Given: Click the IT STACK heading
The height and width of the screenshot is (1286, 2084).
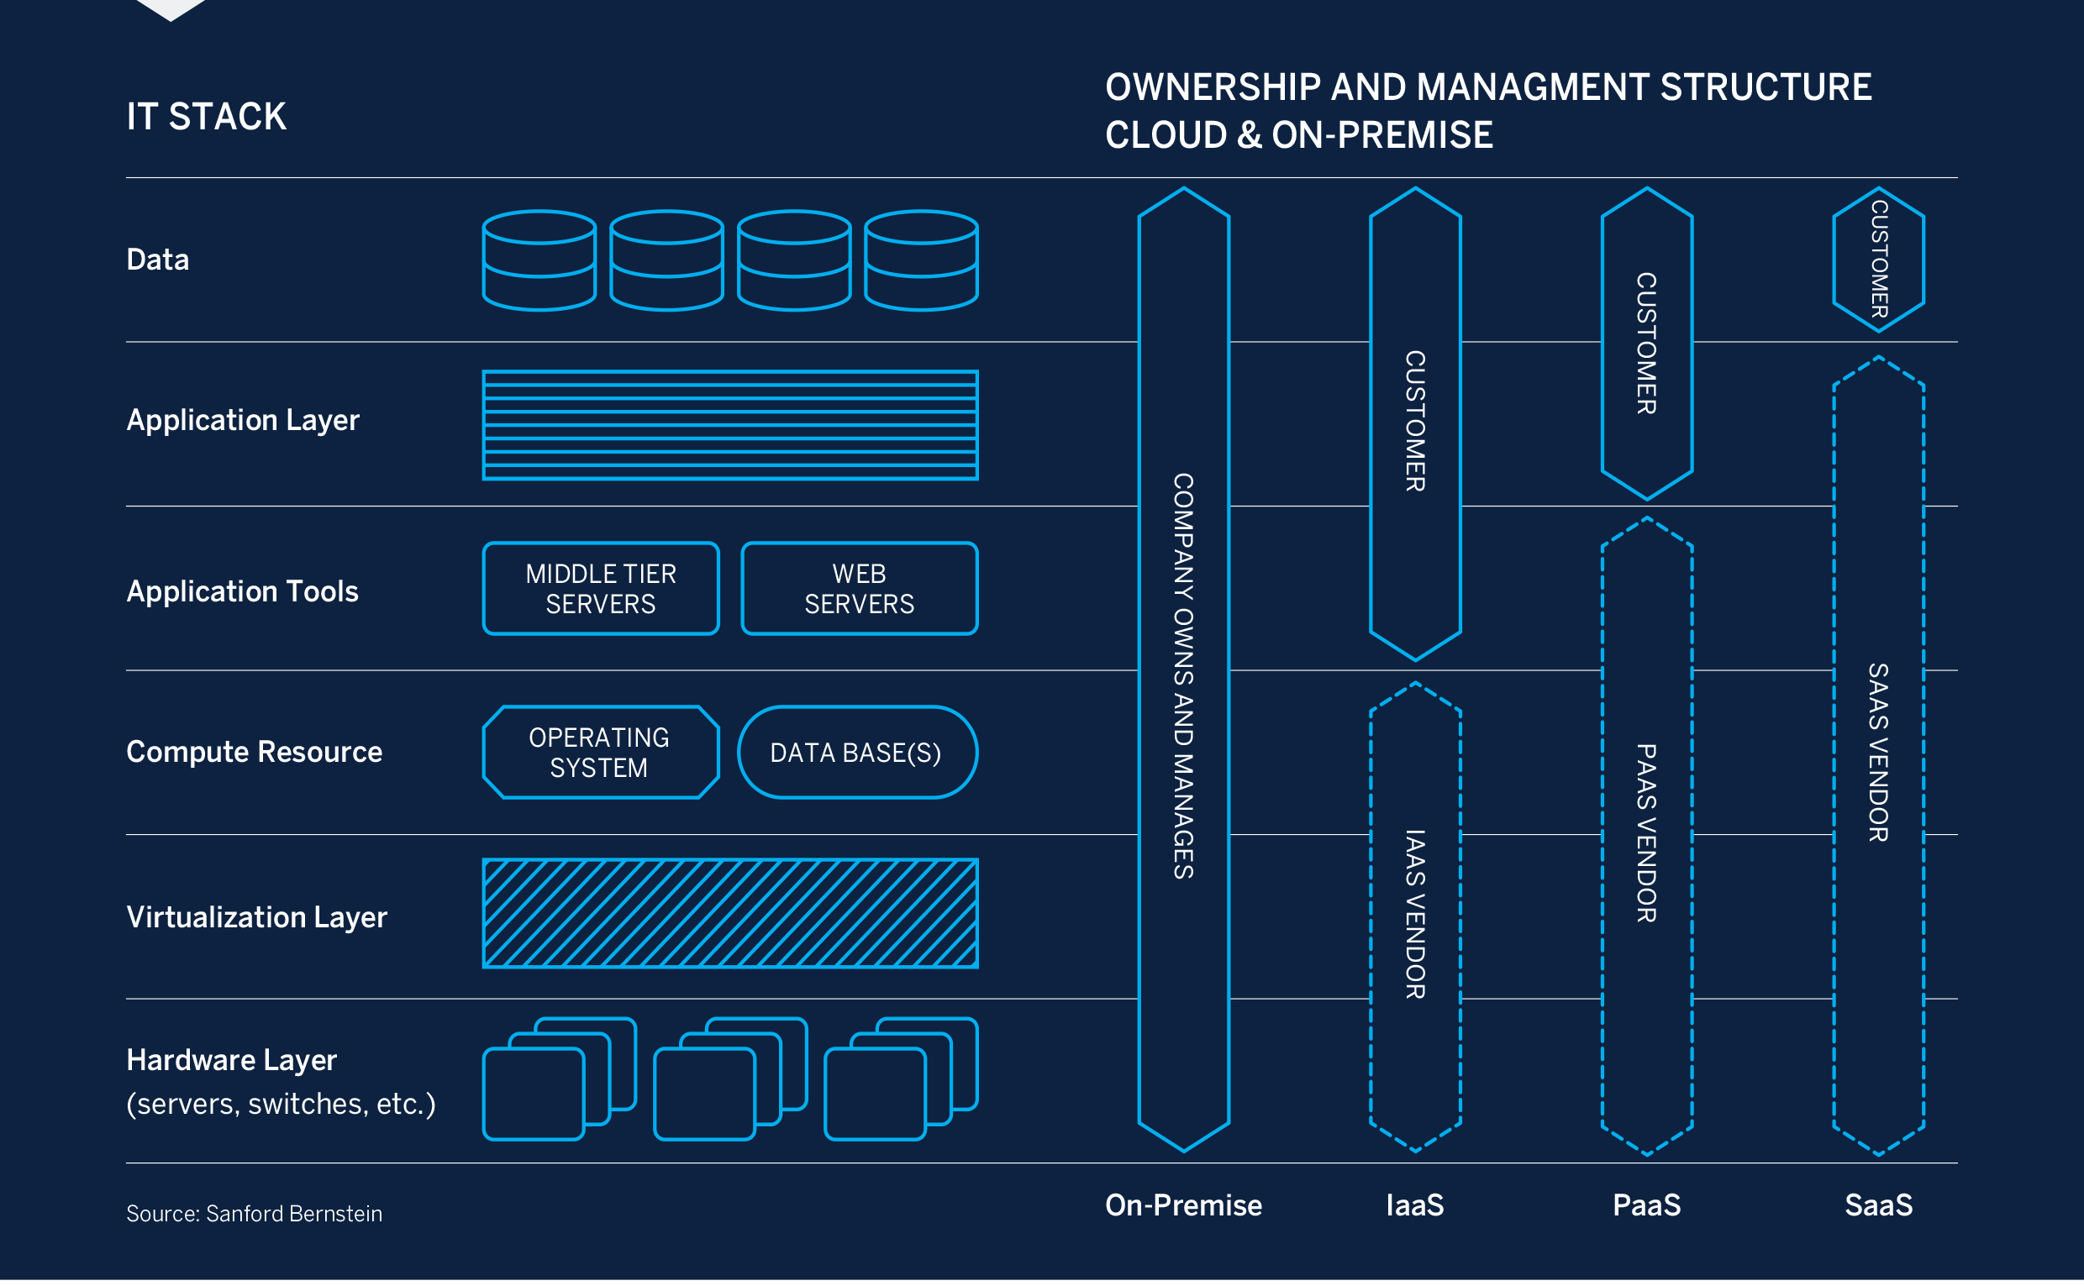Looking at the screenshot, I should [206, 118].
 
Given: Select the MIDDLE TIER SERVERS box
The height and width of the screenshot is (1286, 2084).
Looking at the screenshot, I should [602, 590].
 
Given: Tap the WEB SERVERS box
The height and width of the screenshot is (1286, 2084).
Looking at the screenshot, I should [860, 590].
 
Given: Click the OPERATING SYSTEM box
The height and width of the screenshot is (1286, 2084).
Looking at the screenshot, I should [602, 753].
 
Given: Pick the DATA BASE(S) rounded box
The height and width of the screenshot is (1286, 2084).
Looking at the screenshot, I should [857, 753].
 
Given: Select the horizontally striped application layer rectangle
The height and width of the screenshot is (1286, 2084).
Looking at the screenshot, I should [731, 425].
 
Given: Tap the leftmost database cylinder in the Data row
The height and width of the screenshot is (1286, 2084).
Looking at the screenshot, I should [539, 261].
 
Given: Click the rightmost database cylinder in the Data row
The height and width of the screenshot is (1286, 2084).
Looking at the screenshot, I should [922, 261].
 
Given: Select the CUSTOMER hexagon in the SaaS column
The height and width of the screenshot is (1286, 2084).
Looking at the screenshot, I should [1879, 260].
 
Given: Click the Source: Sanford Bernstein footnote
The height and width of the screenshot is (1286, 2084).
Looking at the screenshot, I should [255, 1215].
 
